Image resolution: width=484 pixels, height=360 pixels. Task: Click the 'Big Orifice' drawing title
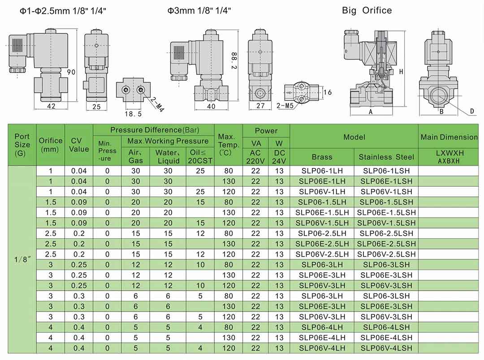[367, 10]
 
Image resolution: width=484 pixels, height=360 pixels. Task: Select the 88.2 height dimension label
[234, 61]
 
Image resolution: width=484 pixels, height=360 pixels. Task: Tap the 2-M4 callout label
[157, 105]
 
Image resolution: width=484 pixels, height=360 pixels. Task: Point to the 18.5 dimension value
[134, 114]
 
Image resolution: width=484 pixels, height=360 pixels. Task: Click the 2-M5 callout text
[285, 106]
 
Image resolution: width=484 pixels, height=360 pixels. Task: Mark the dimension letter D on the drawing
[472, 111]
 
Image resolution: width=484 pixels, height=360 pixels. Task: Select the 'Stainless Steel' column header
[386, 157]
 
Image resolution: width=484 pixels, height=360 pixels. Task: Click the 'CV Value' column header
[79, 145]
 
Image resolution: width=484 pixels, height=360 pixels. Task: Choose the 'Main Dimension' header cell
[449, 137]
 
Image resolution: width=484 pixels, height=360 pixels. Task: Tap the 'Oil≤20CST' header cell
[200, 156]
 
